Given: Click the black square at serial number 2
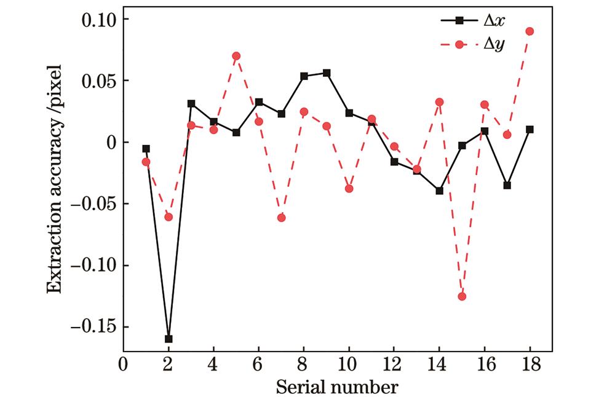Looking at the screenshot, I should pyautogui.click(x=169, y=339).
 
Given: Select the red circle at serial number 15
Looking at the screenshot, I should pyautogui.click(x=462, y=296).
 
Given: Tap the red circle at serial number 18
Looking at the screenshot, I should pyautogui.click(x=530, y=31).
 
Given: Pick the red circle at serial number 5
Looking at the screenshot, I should pyautogui.click(x=236, y=56).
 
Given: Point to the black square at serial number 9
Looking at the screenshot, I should pyautogui.click(x=327, y=73).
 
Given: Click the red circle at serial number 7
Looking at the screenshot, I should pyautogui.click(x=282, y=218).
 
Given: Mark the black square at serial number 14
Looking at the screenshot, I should pyautogui.click(x=439, y=191).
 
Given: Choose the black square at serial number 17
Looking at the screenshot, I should pyautogui.click(x=507, y=185).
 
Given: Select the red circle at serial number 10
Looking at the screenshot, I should pyautogui.click(x=349, y=188).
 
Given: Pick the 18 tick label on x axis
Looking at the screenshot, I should pyautogui.click(x=530, y=364).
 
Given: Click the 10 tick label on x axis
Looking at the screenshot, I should pyautogui.click(x=349, y=364).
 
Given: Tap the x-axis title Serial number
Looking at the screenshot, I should pyautogui.click(x=336, y=387).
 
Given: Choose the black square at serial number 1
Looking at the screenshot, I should pyautogui.click(x=146, y=149).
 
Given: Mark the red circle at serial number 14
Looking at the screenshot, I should pyautogui.click(x=439, y=102).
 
